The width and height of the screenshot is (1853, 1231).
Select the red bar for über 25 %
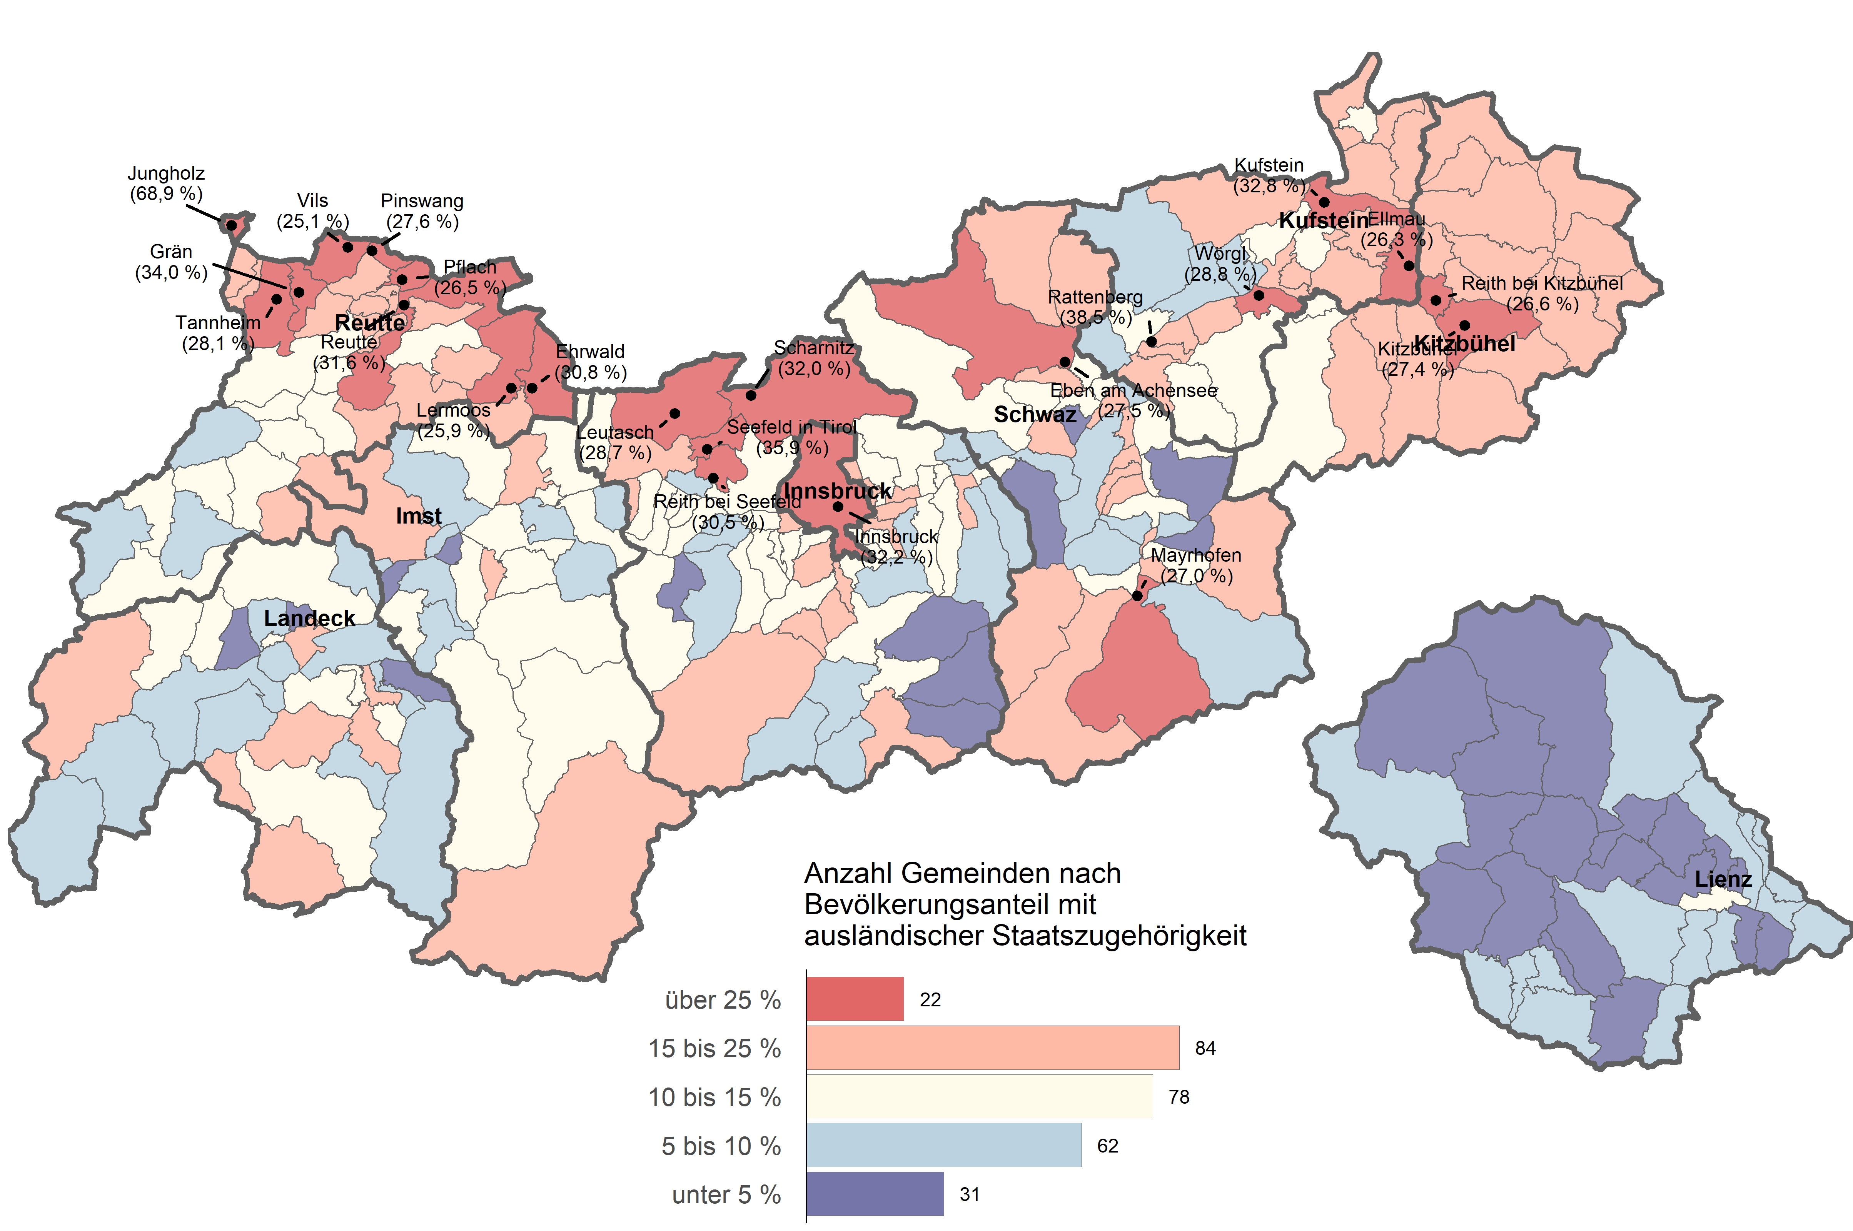855,999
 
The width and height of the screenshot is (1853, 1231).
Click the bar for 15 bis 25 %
992,1047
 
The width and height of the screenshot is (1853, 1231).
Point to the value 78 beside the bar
1179,1097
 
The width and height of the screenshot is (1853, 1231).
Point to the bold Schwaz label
1035,415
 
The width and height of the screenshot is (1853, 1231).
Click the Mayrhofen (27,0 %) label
1196,565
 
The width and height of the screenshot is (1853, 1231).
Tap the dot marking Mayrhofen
1137,596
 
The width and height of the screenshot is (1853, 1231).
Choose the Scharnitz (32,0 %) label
813,358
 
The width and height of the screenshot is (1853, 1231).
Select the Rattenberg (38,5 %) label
1095,307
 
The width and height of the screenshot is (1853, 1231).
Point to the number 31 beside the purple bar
970,1194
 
